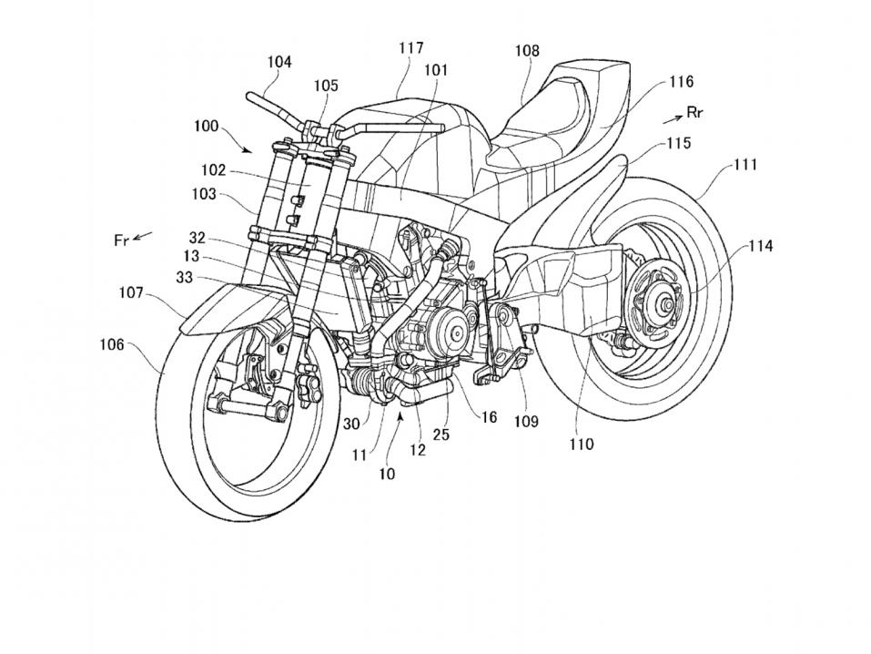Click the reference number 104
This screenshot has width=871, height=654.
279,62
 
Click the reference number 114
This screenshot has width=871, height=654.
762,246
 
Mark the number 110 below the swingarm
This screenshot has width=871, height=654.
580,444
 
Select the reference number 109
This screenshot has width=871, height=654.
526,422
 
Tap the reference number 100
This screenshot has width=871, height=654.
206,127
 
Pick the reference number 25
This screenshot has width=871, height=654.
441,434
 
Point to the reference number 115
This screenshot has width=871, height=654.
677,143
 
